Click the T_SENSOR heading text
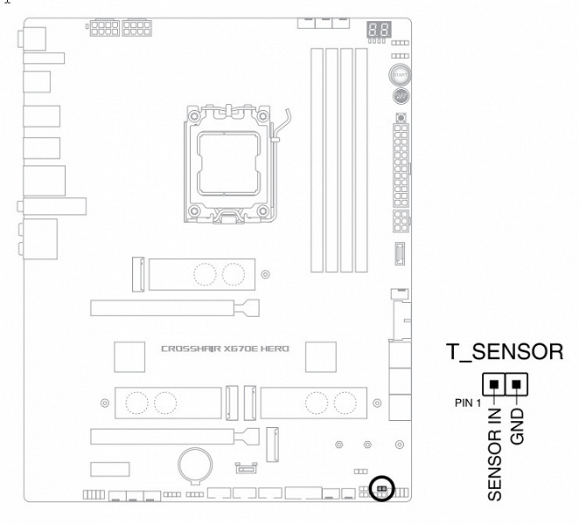[505, 352]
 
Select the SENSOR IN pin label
[495, 455]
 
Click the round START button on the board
[401, 75]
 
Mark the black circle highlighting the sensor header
[382, 489]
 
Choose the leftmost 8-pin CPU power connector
[102, 30]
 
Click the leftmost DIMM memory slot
[317, 158]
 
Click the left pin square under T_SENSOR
[494, 383]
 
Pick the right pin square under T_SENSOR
[517, 383]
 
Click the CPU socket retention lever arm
[274, 131]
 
